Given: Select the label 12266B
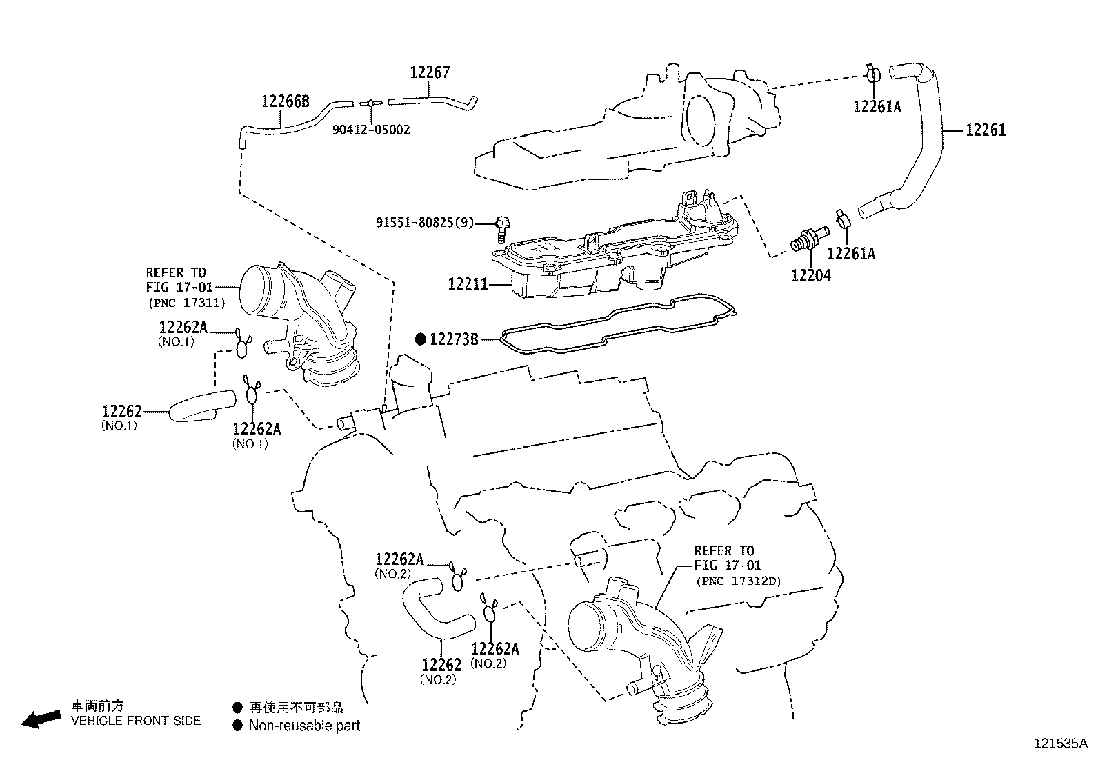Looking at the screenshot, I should (x=285, y=102).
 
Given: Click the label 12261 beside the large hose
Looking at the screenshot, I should (x=985, y=130).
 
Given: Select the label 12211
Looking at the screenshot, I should (x=468, y=283).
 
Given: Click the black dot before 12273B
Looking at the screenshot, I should (x=421, y=339).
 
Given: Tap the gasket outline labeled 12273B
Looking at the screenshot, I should (x=621, y=338).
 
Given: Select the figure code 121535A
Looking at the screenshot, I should (x=1060, y=744).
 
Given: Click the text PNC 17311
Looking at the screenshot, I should (x=186, y=302).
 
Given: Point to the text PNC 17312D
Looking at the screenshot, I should (x=739, y=581).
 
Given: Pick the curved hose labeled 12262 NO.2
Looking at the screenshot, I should (x=435, y=610).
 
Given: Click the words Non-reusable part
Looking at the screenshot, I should (x=304, y=725).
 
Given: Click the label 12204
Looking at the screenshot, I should (x=810, y=276).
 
